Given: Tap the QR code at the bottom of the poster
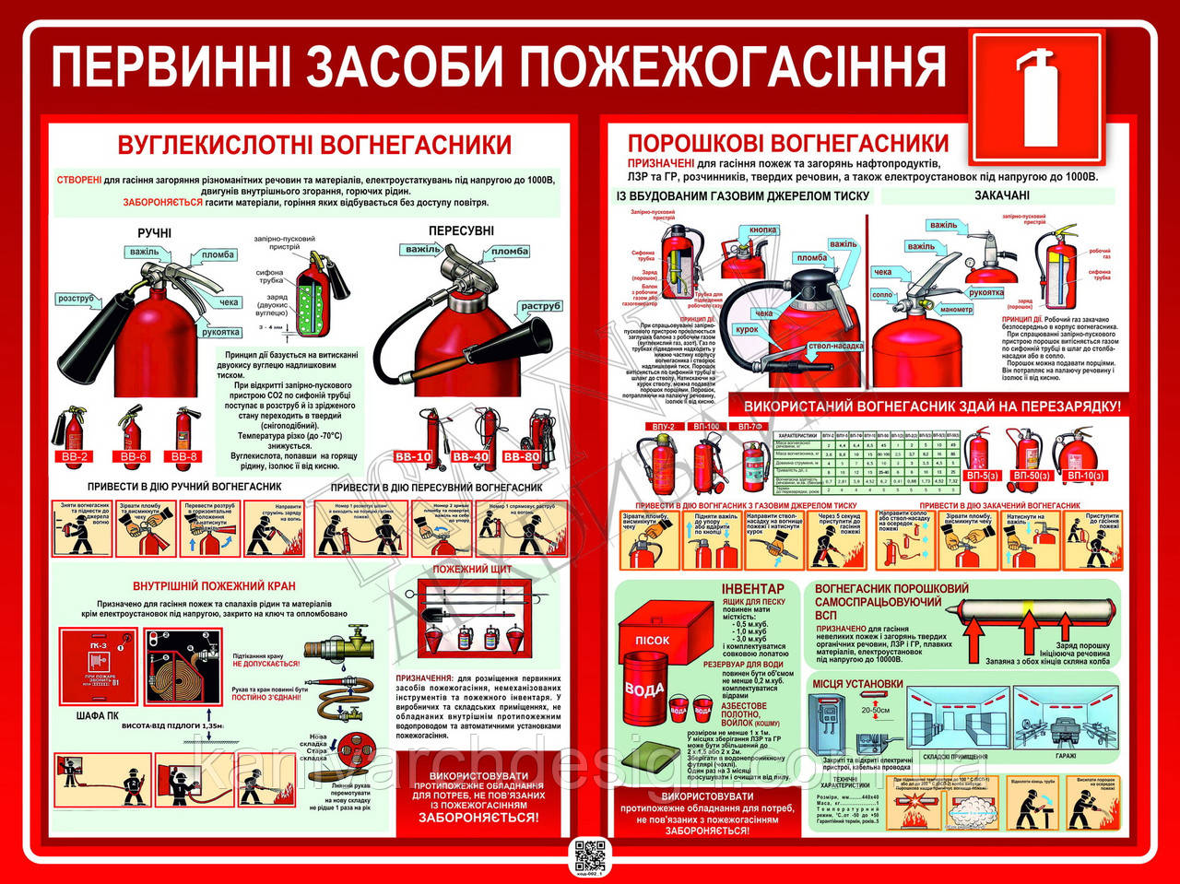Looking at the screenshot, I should (x=590, y=855).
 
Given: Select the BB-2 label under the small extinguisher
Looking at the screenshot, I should (x=73, y=456).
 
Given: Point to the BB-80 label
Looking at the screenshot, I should (x=522, y=456).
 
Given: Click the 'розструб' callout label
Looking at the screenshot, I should (x=76, y=299).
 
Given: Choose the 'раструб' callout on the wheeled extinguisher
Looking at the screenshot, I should (x=540, y=306).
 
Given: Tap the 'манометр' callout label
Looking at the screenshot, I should (x=956, y=310).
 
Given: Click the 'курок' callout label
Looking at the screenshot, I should (x=747, y=329).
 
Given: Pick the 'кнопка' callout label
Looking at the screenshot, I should (x=762, y=230).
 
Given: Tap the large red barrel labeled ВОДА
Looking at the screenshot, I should (x=644, y=689).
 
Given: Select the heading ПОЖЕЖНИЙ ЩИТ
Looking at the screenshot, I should (x=472, y=569).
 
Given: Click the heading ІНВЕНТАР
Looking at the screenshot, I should (x=752, y=588).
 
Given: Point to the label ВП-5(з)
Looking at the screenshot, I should (x=981, y=476).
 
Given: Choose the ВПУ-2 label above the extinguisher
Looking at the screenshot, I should (x=663, y=427).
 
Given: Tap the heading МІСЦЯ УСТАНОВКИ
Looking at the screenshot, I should (x=857, y=683).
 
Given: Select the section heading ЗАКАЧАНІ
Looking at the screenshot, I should (x=1002, y=195).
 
